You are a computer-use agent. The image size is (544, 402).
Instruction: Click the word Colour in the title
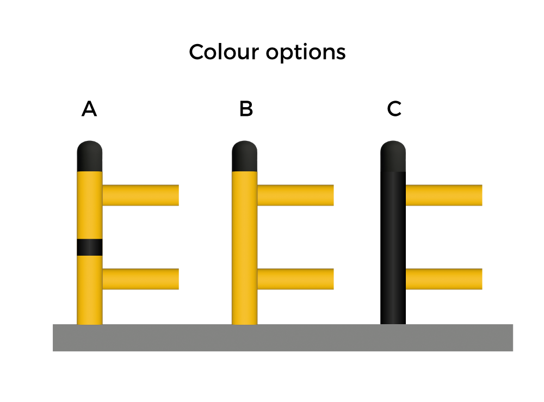pos(224,52)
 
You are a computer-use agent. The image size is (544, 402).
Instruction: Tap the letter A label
pos(89,109)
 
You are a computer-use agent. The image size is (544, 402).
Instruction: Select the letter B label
pos(246,109)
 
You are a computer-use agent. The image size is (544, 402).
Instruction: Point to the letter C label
pos(394,109)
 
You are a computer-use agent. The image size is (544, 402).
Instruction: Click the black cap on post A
pos(90,157)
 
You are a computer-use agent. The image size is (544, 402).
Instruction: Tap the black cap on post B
pos(244,157)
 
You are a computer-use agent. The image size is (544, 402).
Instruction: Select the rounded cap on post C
pos(393,157)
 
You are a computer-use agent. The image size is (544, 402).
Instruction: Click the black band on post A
pos(90,247)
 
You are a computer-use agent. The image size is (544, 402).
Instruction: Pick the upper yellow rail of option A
pos(140,195)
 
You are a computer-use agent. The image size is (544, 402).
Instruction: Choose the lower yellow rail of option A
pos(140,279)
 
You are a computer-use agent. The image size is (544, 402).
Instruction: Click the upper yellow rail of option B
pos(295,195)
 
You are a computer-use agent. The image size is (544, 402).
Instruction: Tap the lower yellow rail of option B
pos(295,279)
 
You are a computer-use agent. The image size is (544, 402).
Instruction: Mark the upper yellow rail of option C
pos(443,195)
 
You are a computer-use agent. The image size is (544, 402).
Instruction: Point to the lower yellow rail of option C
pos(443,279)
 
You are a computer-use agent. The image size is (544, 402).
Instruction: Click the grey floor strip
pos(283,338)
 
